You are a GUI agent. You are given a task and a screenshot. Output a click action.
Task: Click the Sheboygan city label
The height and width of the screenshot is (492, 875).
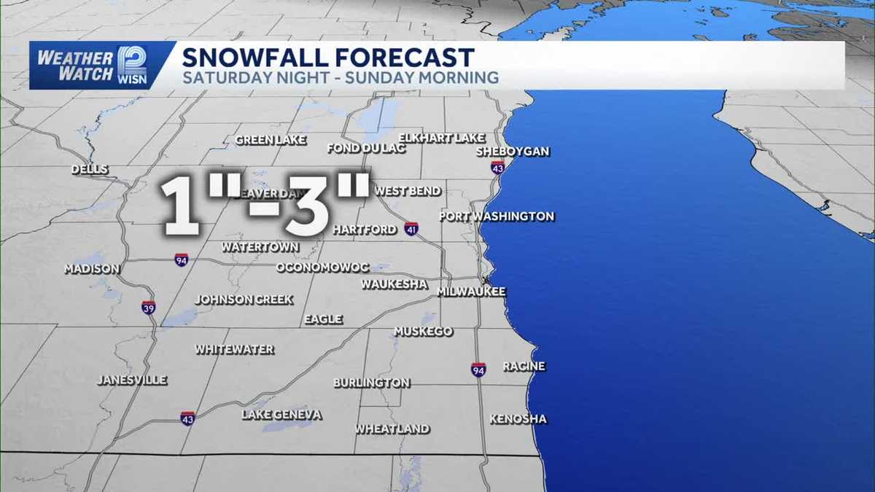tap(512, 152)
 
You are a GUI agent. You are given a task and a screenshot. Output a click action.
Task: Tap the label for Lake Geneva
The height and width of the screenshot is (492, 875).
tap(281, 415)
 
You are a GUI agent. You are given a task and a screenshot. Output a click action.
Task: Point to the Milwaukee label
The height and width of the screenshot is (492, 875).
tap(471, 292)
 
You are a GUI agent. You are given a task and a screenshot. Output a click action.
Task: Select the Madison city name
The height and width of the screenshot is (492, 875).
tap(92, 269)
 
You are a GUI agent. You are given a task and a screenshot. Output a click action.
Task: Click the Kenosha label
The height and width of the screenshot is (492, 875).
tap(518, 419)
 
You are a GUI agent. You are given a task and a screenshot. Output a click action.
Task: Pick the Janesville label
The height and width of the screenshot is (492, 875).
tap(132, 380)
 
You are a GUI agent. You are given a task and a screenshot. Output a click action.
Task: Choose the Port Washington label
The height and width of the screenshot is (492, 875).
tap(497, 216)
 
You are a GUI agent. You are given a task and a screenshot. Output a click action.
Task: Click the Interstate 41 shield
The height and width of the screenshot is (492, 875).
tap(412, 229)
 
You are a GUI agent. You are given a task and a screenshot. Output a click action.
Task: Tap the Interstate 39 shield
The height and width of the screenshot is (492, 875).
tap(148, 307)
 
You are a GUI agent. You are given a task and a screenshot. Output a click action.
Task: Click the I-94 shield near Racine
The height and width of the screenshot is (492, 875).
tap(478, 370)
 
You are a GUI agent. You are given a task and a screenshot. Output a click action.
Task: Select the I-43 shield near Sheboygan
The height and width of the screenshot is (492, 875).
tap(498, 167)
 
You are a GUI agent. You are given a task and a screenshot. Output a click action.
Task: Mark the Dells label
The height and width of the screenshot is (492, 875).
tap(90, 170)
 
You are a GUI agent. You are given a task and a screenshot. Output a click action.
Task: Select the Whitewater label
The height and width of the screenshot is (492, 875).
tap(235, 350)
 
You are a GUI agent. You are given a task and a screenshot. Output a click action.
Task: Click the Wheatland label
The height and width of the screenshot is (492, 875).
tap(392, 429)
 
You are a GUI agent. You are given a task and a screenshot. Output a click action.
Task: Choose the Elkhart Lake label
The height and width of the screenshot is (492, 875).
tap(443, 138)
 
